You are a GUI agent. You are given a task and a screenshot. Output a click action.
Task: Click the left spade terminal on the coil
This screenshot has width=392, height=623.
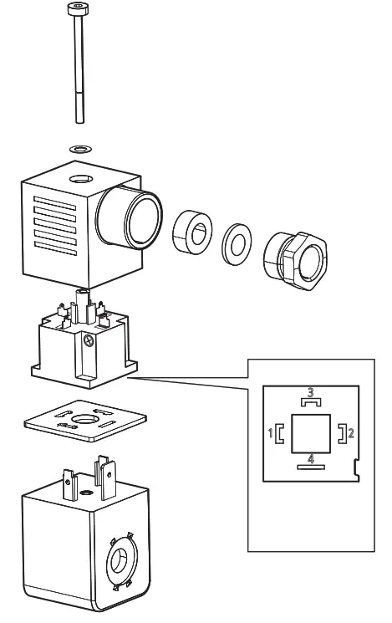(x=68, y=478)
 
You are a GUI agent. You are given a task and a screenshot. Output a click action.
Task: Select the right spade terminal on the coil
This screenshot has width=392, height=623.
(x=105, y=472)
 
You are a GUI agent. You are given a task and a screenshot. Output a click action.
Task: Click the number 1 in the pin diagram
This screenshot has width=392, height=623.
(x=270, y=433)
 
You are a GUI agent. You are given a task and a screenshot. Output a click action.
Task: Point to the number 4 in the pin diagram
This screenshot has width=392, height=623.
(x=309, y=458)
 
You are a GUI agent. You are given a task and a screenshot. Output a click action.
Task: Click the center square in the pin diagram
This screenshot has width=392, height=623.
(x=309, y=432)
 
